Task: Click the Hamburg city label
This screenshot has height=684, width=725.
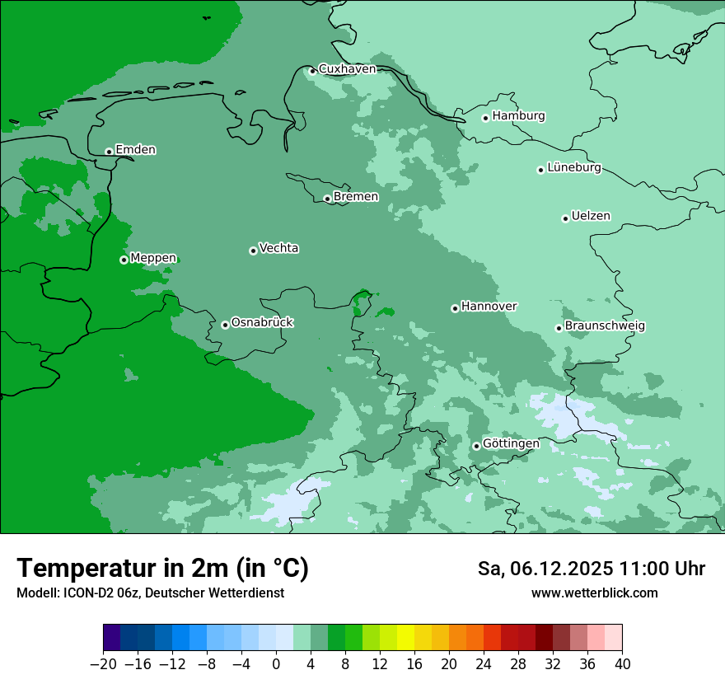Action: tap(518, 116)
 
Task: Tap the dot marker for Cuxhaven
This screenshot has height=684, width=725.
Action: tap(312, 71)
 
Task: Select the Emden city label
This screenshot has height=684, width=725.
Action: tap(135, 150)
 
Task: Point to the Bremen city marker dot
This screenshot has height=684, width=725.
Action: tap(327, 199)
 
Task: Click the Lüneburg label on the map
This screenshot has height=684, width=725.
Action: tap(573, 168)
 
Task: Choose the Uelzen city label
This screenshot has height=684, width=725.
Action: tap(591, 217)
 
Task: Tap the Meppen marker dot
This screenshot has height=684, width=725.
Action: tap(124, 260)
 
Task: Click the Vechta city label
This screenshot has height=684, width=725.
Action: tap(278, 248)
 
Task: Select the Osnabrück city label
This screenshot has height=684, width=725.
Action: tap(262, 323)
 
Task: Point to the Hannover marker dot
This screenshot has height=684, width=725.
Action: tap(455, 308)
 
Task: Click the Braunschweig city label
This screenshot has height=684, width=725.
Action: tap(605, 326)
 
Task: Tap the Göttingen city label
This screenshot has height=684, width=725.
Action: tap(511, 444)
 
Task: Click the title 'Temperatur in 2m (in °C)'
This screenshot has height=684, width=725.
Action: tap(162, 569)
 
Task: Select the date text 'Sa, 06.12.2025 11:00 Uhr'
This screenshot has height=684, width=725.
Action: tap(591, 569)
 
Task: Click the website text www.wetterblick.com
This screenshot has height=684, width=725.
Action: tap(594, 593)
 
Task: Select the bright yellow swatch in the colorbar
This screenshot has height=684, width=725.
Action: tap(405, 638)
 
